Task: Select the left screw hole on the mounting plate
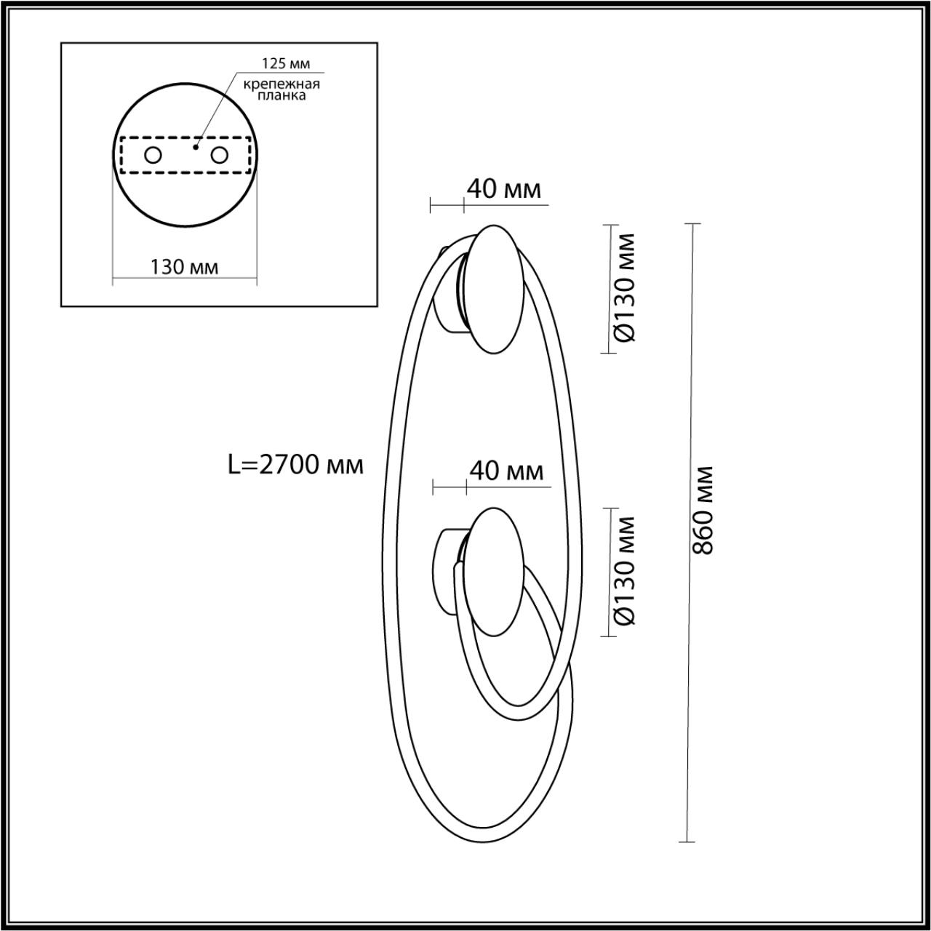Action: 153,155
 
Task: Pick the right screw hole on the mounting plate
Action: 219,155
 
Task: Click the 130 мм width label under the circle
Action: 184,267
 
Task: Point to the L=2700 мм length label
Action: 295,465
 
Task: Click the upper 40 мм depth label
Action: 503,189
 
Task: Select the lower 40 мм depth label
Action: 506,471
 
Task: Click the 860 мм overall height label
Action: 703,509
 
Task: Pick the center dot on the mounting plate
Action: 194,146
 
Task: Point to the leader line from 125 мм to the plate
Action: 215,109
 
